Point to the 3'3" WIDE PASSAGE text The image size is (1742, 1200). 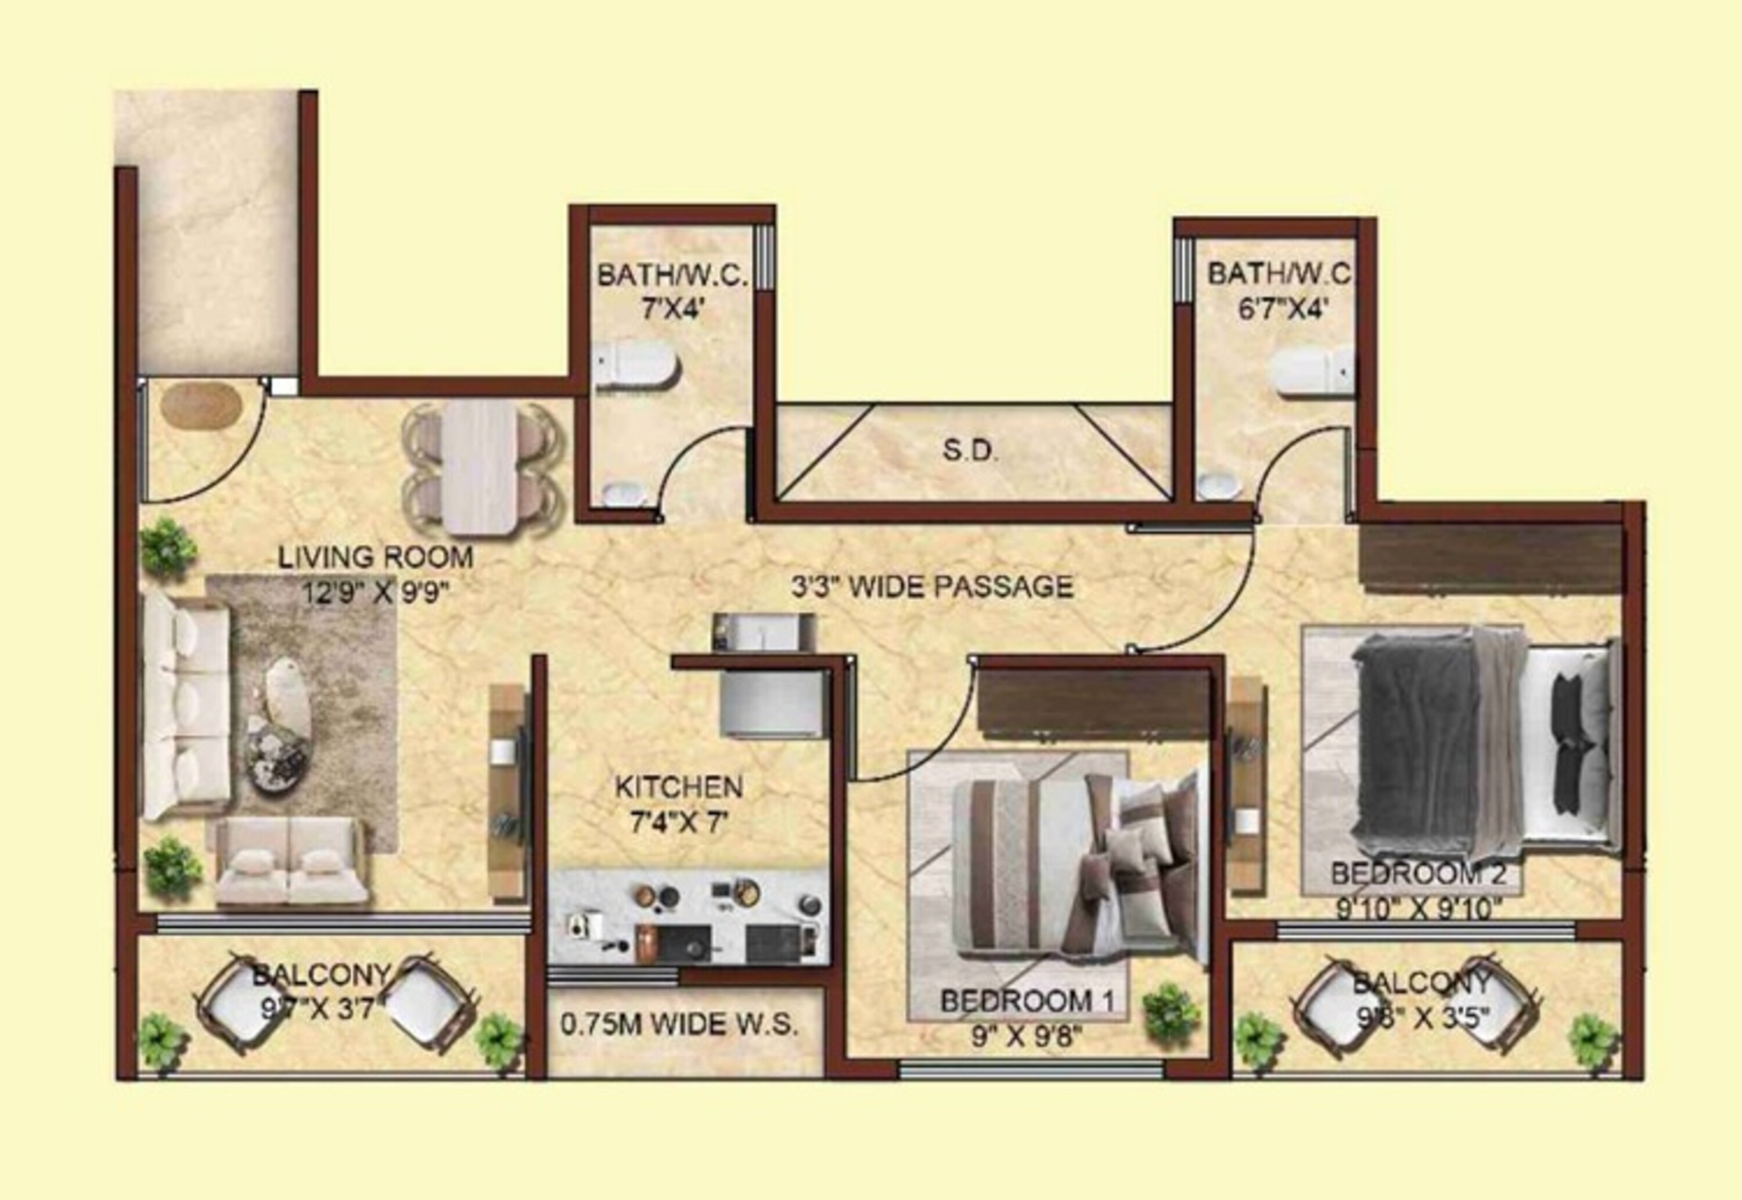click(x=932, y=587)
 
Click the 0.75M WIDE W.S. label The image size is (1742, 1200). click(x=679, y=1024)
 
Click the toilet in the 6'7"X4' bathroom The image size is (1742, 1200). click(x=1312, y=371)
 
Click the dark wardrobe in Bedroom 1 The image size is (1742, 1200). click(x=1095, y=699)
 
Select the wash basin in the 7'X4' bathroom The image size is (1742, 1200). click(x=624, y=494)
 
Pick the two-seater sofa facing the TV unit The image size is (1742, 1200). click(x=292, y=861)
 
